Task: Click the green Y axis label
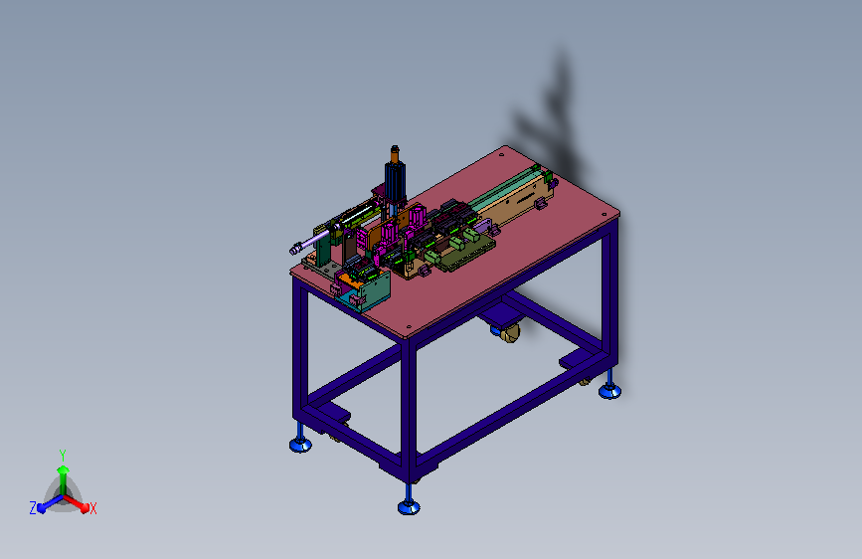[x=63, y=455]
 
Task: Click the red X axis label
[x=92, y=508]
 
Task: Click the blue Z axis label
[x=33, y=508]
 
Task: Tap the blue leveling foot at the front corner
[x=409, y=505]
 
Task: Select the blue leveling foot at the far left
[x=300, y=443]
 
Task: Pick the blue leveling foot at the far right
[x=609, y=390]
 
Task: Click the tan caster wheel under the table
[x=510, y=333]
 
